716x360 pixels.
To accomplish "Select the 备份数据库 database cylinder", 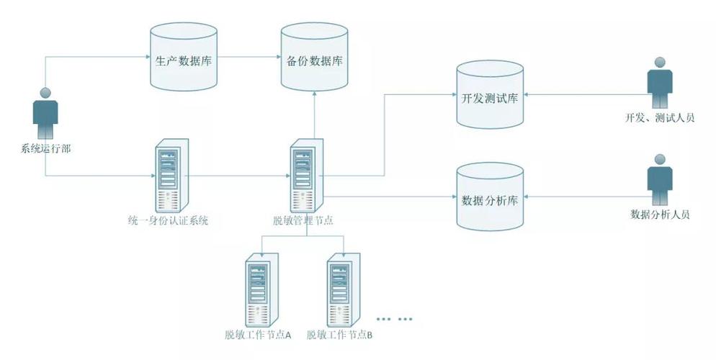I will (x=313, y=58).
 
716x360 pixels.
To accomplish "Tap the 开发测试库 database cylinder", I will (x=490, y=96).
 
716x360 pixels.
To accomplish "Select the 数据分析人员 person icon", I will (x=659, y=180).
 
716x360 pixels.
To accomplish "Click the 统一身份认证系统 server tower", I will (x=171, y=175).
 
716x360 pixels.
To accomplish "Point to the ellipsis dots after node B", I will (x=396, y=318).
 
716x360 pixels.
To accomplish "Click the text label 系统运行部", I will (x=45, y=150).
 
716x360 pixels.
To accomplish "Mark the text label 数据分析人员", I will (x=660, y=214).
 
